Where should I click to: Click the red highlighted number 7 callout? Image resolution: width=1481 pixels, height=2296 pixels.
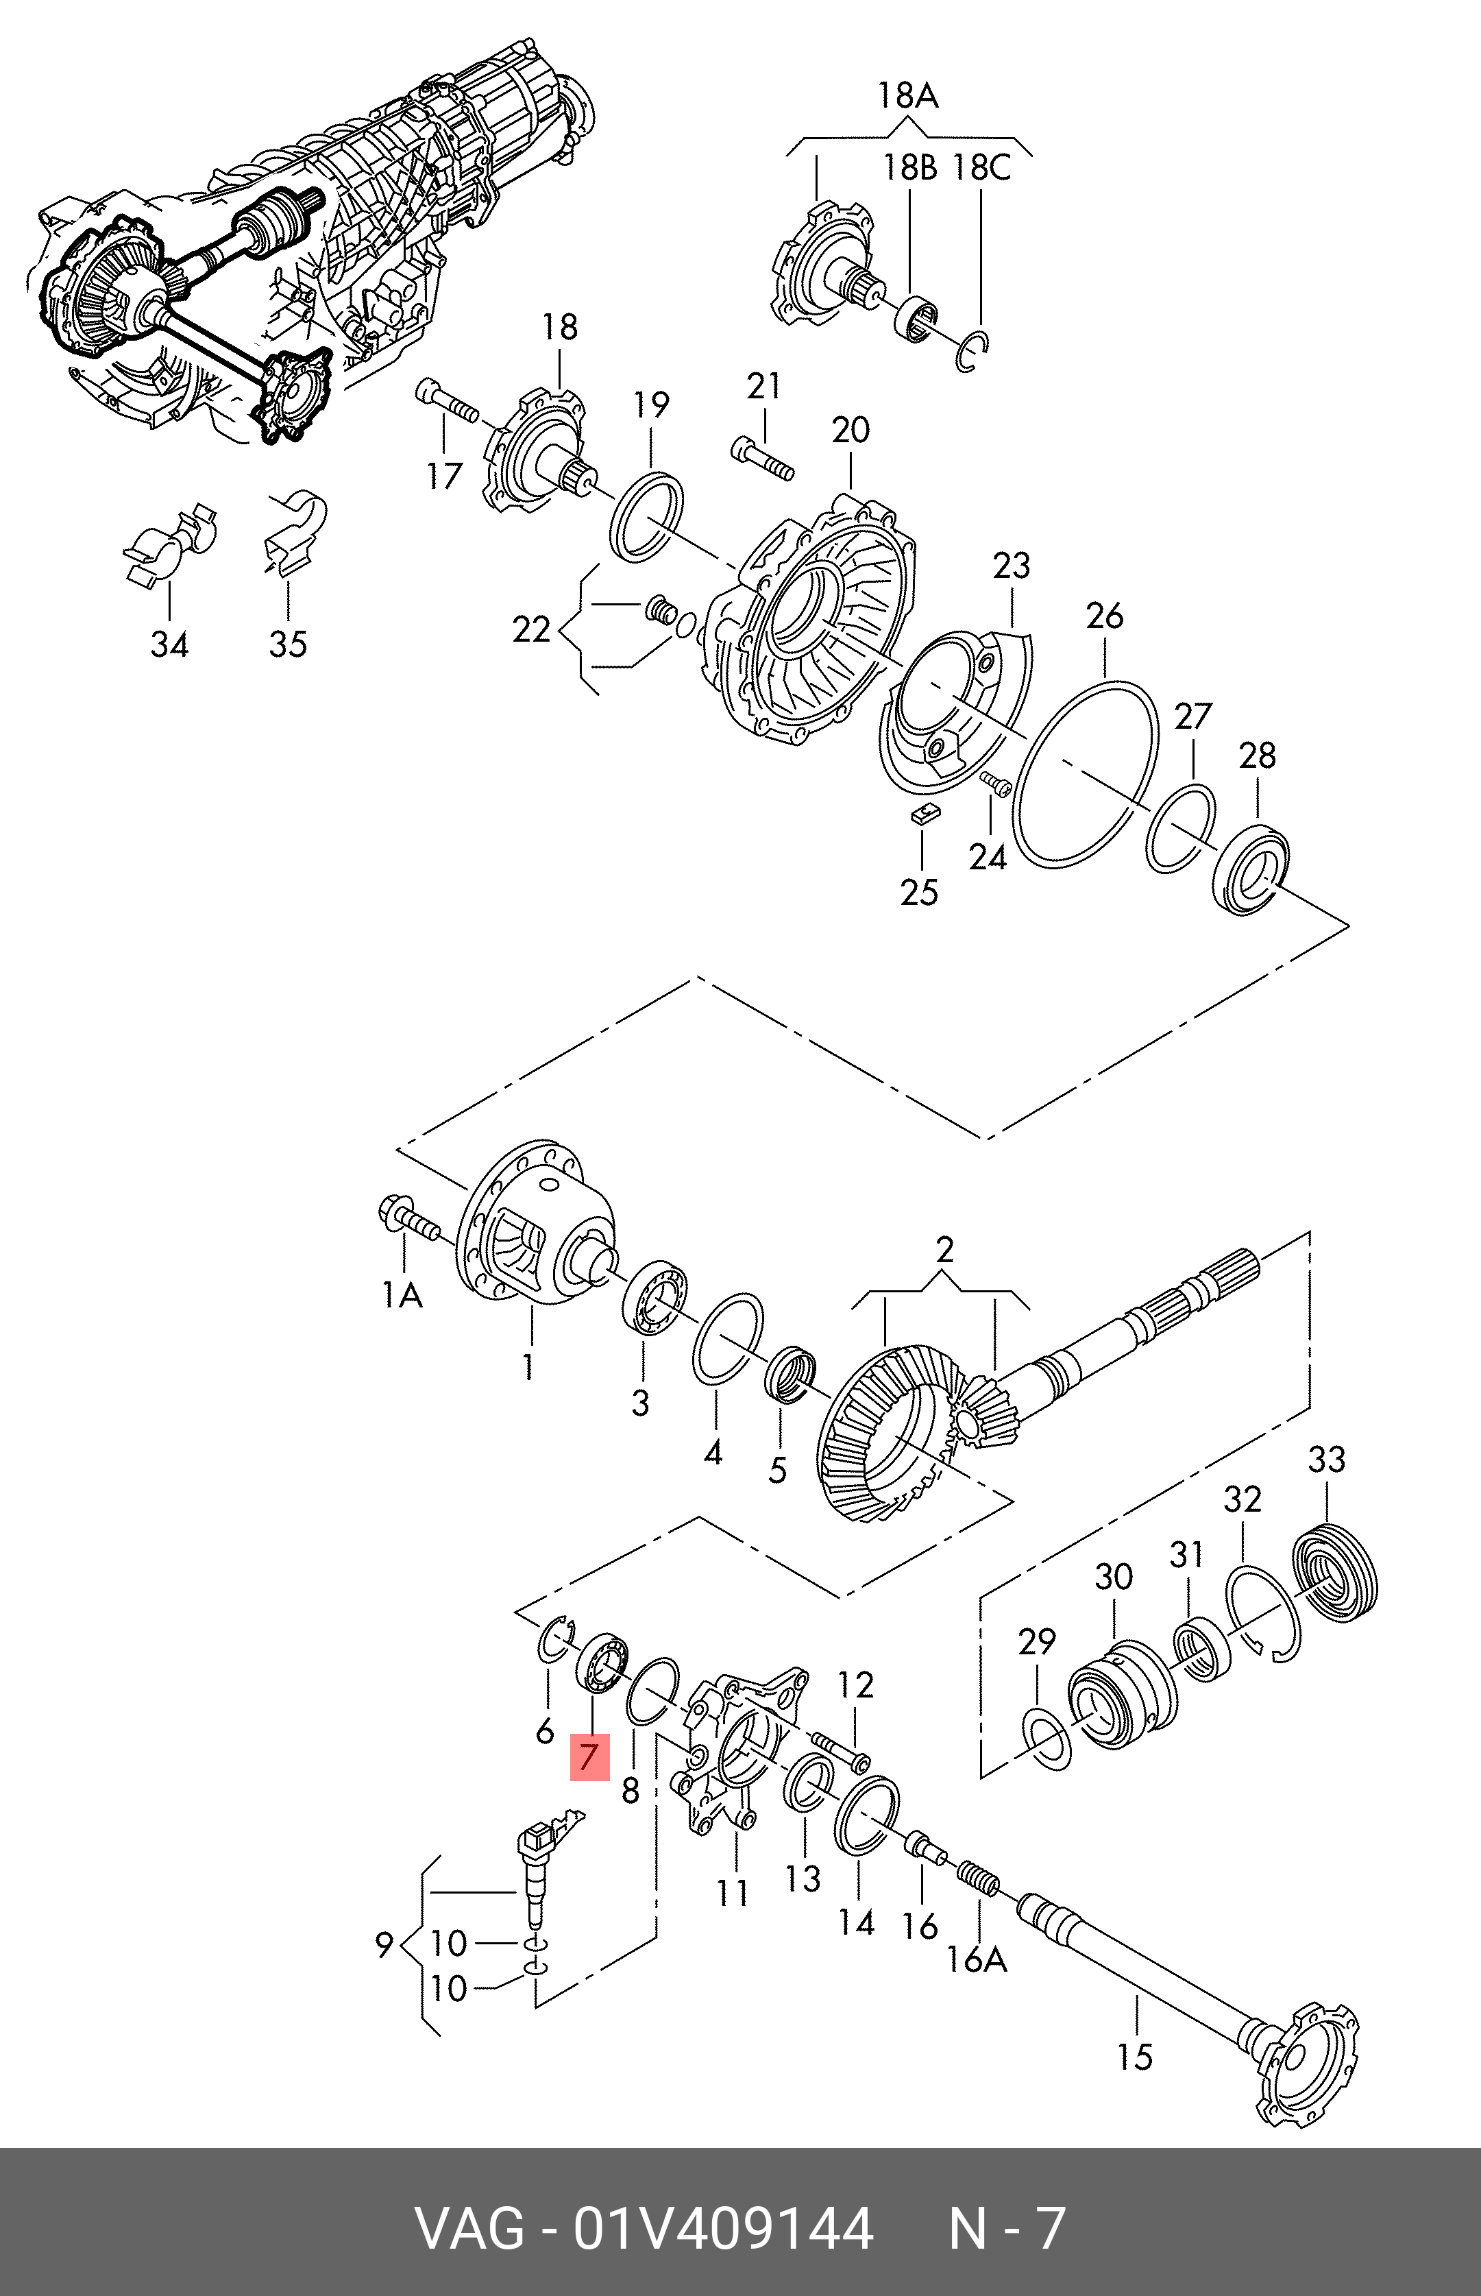coord(589,1756)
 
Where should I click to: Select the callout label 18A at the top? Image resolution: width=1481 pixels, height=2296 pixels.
coord(907,95)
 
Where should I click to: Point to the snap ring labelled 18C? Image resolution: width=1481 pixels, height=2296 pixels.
coord(974,351)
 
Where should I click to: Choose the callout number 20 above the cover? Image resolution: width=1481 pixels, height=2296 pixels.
coord(850,430)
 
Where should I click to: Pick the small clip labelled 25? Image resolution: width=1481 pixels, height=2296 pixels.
coord(926,814)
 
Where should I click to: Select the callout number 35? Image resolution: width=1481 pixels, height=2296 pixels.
coord(288,644)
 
